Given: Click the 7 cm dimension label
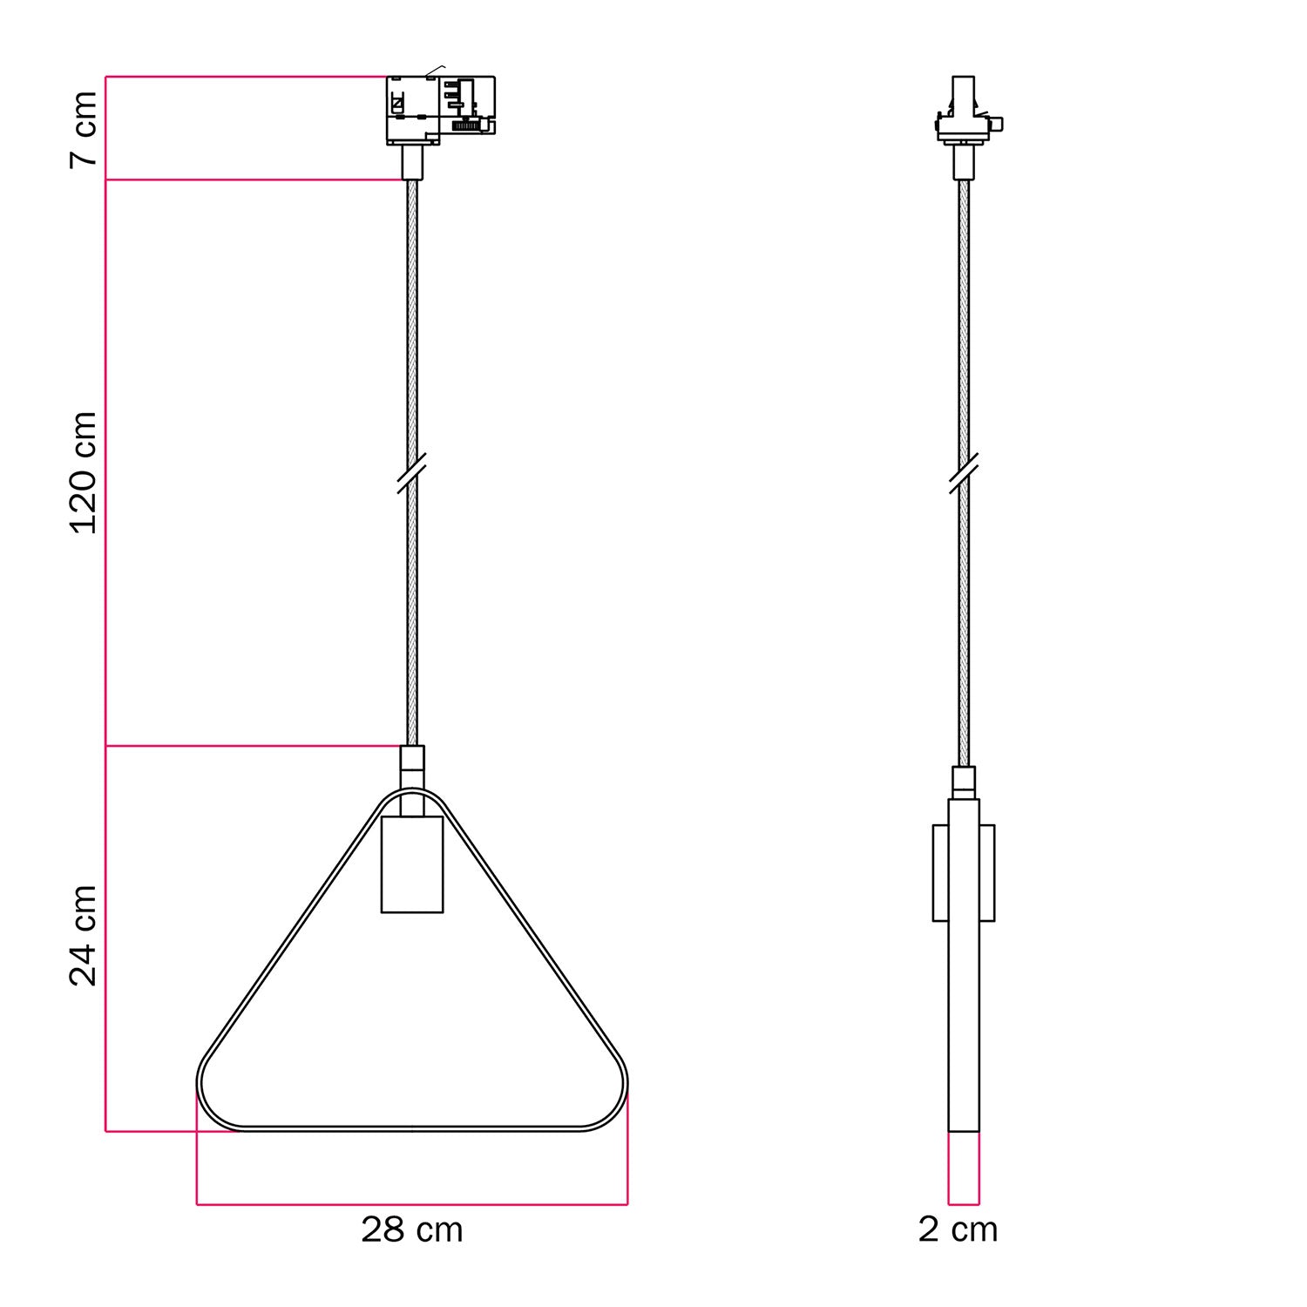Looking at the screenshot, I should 85,128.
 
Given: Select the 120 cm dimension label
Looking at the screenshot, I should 85,472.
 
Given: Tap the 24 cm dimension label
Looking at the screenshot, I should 85,936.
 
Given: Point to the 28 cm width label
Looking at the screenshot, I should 411,1229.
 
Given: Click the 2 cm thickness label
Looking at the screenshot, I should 958,1229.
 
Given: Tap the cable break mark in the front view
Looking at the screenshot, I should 411,473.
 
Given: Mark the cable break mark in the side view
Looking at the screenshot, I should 963,473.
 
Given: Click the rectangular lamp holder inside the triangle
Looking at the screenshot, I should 412,864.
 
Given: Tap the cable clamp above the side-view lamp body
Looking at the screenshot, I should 964,782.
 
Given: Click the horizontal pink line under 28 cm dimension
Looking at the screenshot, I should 411,1205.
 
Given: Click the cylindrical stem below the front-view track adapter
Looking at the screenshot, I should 412,162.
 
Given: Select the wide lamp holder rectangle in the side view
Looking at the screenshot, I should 964,872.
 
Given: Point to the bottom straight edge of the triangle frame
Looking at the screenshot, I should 411,1129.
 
